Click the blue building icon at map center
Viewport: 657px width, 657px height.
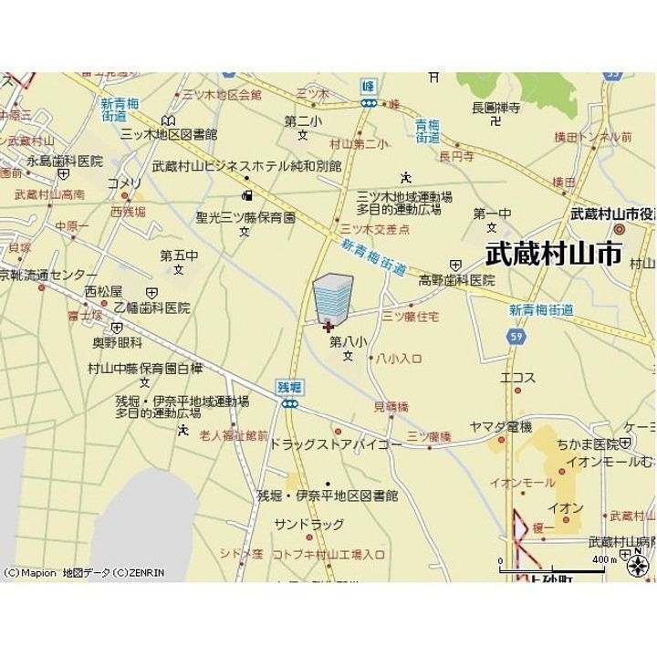click(331, 296)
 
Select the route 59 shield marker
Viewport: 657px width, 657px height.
click(516, 337)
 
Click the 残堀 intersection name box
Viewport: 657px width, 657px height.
click(289, 388)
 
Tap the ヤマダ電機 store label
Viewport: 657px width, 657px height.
click(500, 427)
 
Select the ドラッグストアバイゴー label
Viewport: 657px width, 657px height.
click(335, 444)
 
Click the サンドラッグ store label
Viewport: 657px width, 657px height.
click(309, 525)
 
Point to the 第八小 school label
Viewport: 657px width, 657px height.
click(348, 341)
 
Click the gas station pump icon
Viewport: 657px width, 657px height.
click(246, 194)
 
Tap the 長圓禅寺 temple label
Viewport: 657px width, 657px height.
click(495, 108)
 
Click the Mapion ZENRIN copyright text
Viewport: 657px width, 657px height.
click(84, 573)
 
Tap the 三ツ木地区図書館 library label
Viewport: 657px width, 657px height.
click(169, 133)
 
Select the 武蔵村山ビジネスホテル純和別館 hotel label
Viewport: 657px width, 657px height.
click(246, 166)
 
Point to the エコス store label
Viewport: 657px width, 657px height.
click(517, 377)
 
